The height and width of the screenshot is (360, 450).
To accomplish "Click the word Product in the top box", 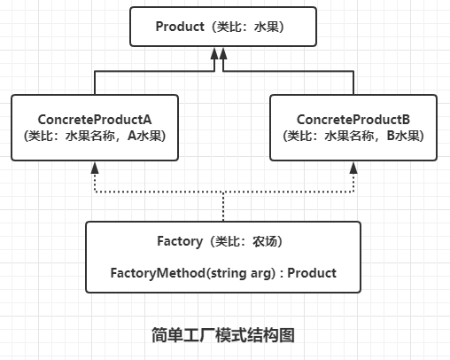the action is [180, 27].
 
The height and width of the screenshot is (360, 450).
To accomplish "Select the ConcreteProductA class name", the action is [95, 120].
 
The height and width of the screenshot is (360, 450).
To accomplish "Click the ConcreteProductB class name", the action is [353, 120].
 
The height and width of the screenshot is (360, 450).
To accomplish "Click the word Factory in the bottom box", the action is [180, 241].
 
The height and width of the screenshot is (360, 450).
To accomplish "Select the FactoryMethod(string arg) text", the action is [193, 273].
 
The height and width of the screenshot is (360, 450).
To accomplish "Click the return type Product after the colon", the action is [312, 273].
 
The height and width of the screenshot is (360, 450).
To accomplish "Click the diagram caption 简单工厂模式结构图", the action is [223, 335].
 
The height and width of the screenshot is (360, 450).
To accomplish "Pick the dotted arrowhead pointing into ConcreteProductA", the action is [95, 168].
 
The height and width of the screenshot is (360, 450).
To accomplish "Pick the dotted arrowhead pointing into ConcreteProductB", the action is [353, 168].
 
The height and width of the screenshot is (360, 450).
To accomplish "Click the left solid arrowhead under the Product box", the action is [214, 53].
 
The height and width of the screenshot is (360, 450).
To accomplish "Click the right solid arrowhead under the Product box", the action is [223, 53].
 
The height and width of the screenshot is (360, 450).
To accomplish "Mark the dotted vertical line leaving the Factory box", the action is [223, 207].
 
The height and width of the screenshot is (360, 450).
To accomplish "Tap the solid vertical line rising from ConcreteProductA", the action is [95, 82].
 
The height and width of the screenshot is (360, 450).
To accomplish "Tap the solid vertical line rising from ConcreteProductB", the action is [353, 82].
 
